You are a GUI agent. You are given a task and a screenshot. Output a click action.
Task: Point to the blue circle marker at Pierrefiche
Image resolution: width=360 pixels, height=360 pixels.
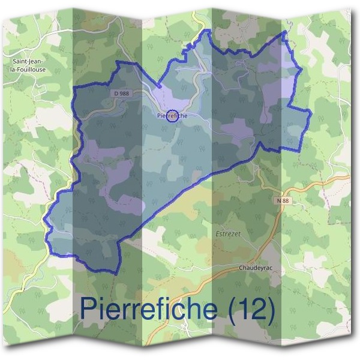click(x=172, y=116)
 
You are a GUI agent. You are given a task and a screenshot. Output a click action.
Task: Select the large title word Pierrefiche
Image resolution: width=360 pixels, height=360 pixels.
click(x=149, y=308)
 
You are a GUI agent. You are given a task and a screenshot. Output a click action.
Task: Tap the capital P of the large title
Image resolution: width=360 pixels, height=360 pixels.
click(x=89, y=308)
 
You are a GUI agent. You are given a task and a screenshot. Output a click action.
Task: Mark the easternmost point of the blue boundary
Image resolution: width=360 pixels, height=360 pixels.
click(x=310, y=112)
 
